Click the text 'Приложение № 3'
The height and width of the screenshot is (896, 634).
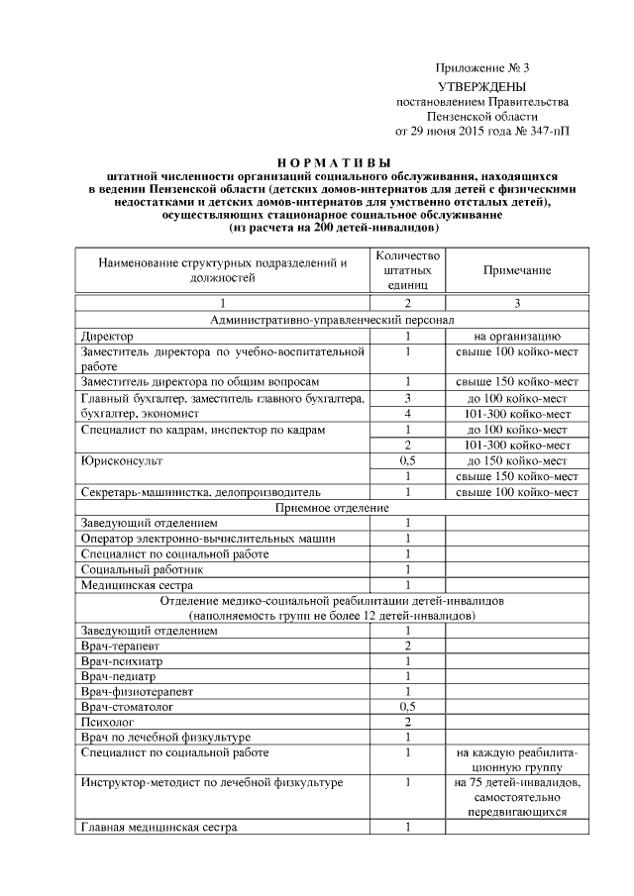pyautogui.click(x=482, y=68)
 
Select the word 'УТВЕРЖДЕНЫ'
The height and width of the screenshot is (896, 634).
pyautogui.click(x=482, y=87)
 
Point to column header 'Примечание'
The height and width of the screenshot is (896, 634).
pyautogui.click(x=516, y=269)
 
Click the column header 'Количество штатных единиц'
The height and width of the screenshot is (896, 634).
pyautogui.click(x=407, y=269)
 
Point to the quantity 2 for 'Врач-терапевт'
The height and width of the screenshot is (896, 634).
pyautogui.click(x=407, y=646)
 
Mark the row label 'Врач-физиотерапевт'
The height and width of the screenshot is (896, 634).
pyautogui.click(x=139, y=691)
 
